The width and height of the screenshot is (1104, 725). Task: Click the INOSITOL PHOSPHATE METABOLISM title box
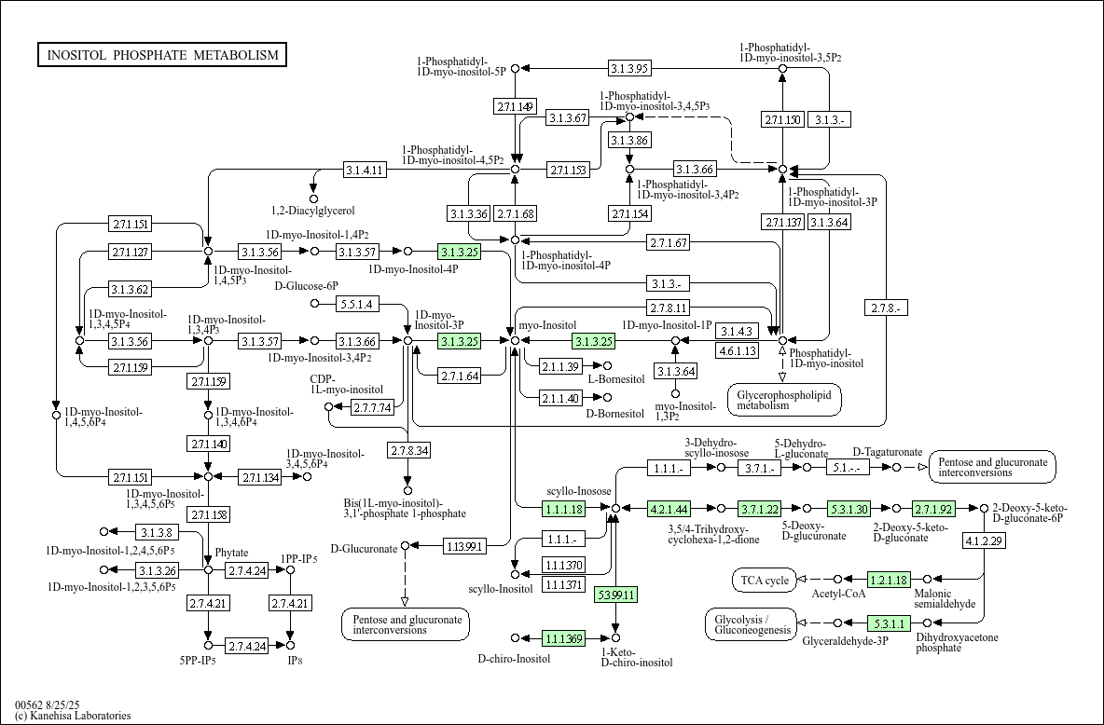pos(162,55)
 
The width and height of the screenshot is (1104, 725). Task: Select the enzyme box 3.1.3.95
pos(629,68)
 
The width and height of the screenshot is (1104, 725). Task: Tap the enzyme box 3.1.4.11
pos(365,170)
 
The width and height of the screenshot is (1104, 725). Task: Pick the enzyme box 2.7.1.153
pos(568,170)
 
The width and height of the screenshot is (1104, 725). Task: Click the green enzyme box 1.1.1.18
pos(563,509)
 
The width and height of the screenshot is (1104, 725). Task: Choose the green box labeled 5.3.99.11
pos(615,595)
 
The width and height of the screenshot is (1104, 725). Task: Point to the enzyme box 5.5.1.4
pos(356,304)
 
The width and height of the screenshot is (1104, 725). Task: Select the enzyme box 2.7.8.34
pos(408,451)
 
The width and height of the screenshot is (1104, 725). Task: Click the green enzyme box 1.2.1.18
pos(889,580)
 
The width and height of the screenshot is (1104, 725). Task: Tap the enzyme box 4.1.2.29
pos(984,541)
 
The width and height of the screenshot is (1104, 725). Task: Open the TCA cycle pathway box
pos(766,580)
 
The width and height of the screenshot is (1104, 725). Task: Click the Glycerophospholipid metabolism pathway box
pos(783,400)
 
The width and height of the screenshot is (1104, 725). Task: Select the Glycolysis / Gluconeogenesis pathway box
pos(750,624)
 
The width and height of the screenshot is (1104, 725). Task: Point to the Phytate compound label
pos(232,553)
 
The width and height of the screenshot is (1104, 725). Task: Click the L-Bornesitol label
pos(615,379)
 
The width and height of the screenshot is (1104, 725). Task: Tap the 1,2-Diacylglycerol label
pos(313,211)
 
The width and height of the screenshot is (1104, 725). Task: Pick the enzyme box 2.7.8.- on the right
pos(887,308)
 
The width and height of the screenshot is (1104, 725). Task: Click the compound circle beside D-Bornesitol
pos(608,398)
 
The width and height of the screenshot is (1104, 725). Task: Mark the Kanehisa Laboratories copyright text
pos(73,716)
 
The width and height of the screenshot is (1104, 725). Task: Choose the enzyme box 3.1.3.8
pos(157,532)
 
